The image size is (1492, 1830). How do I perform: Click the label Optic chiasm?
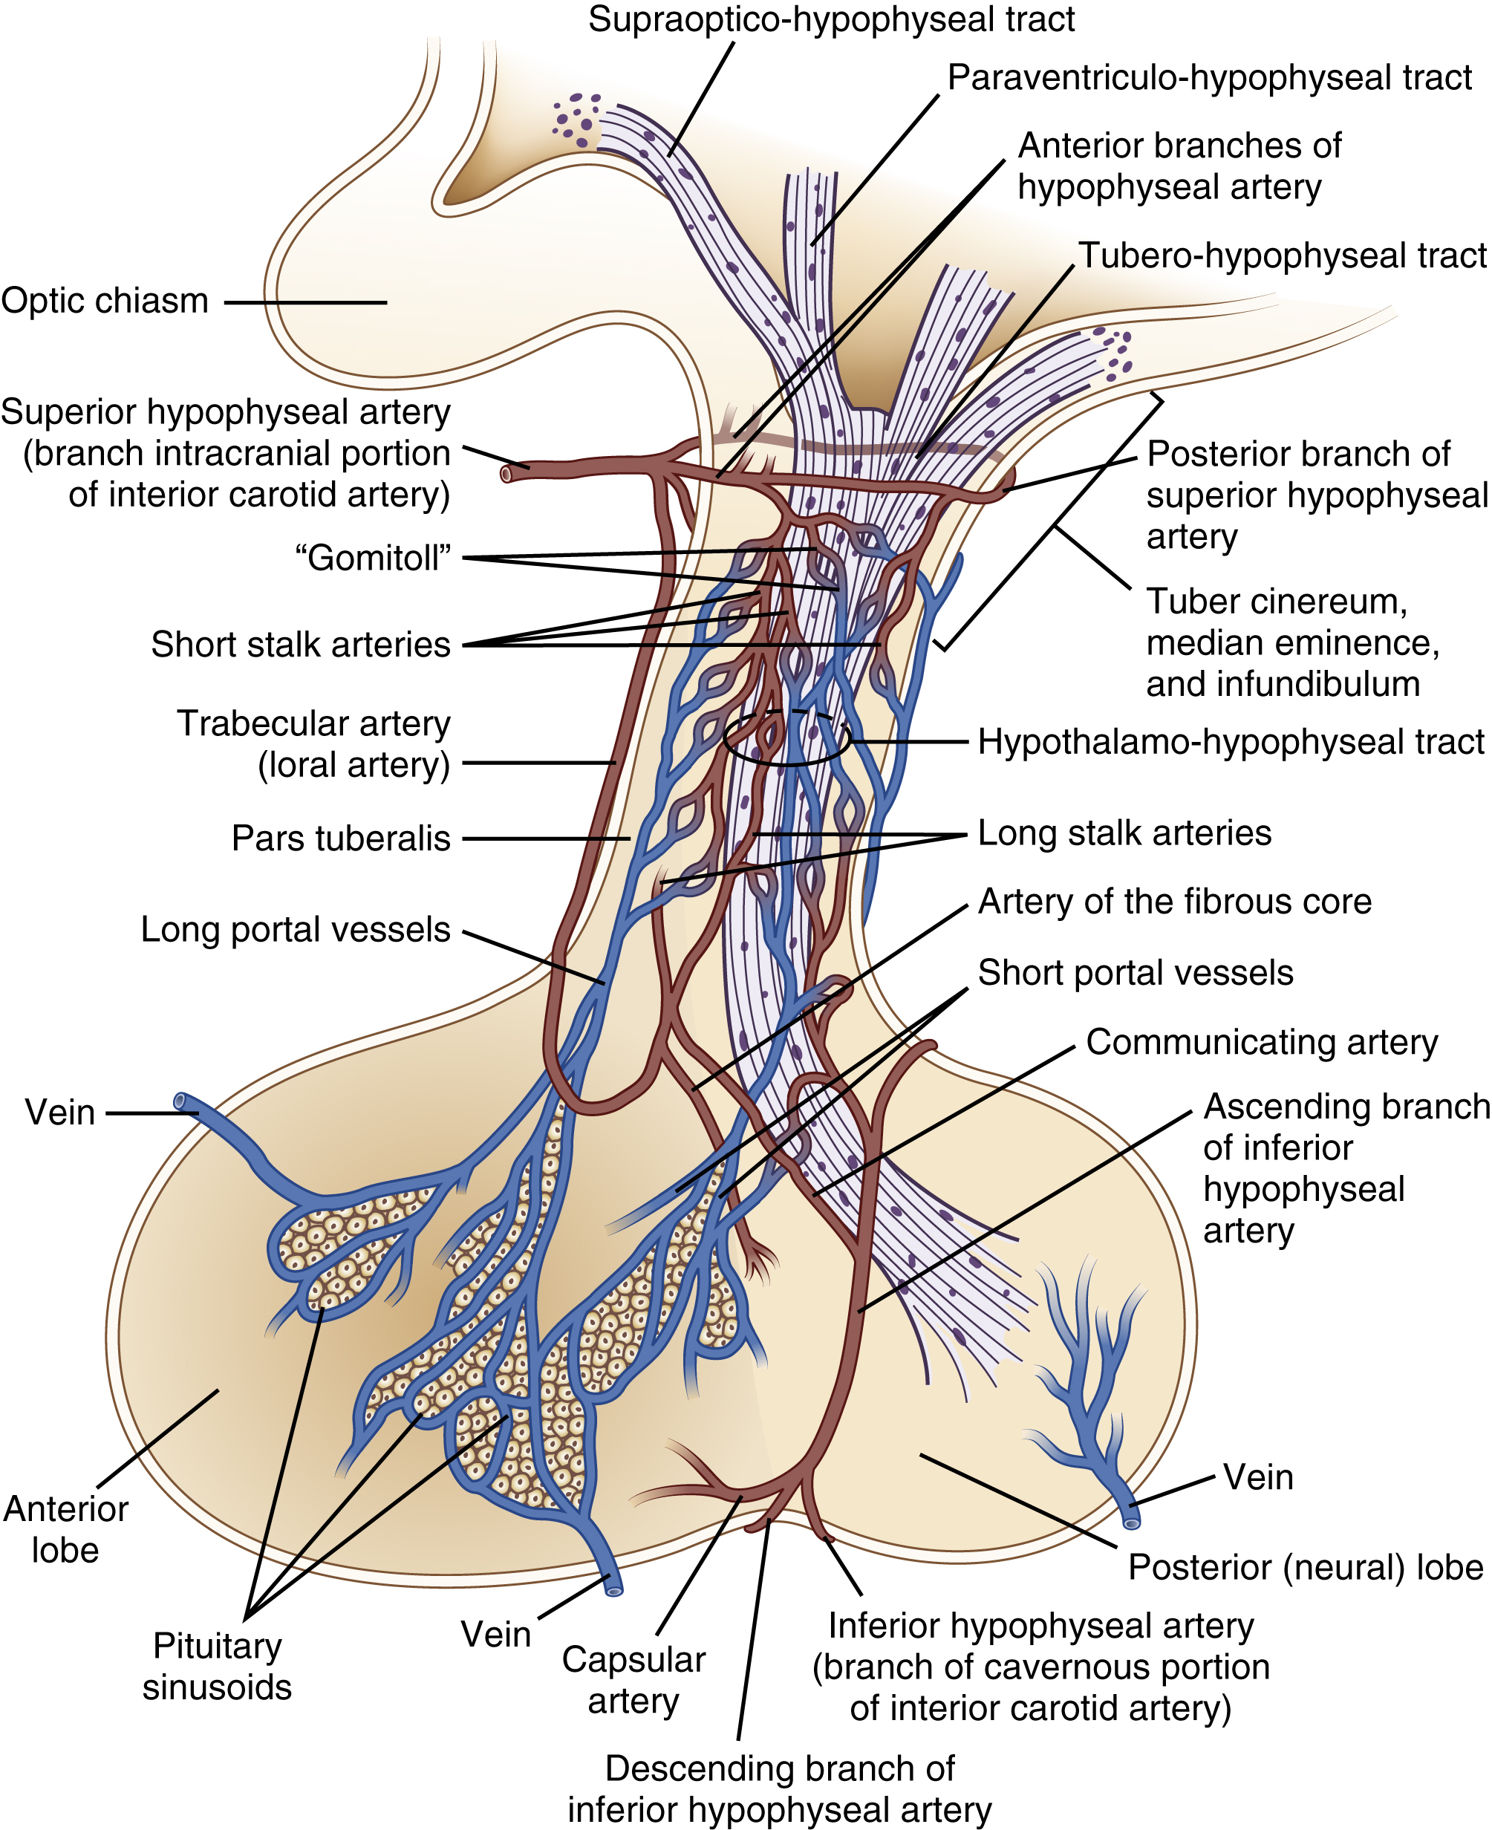pos(105,302)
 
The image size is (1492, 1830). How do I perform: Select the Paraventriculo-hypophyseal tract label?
pos(1209,78)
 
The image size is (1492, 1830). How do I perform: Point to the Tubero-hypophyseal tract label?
pos(1283,256)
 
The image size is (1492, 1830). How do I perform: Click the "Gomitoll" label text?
pos(372,558)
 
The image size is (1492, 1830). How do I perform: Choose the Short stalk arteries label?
pos(301,645)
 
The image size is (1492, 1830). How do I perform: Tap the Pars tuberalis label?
pos(341,838)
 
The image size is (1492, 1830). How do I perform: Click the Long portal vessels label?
pos(296,930)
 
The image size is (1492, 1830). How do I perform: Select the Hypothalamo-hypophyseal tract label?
pos(1231,742)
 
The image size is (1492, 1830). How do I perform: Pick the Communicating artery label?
pos(1262,1042)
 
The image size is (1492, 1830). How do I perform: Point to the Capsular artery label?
pos(633,1681)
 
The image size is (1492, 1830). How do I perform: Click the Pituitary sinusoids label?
pos(217,1667)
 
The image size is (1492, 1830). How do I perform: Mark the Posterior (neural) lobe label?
pos(1306,1567)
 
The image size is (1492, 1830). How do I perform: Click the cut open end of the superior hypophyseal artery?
pos(507,474)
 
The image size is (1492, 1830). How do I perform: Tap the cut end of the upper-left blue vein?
pos(180,1101)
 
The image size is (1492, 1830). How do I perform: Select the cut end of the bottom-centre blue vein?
pos(613,1590)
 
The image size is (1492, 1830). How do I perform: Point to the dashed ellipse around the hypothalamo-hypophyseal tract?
pos(786,737)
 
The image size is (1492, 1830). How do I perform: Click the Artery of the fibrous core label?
pos(1175,902)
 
